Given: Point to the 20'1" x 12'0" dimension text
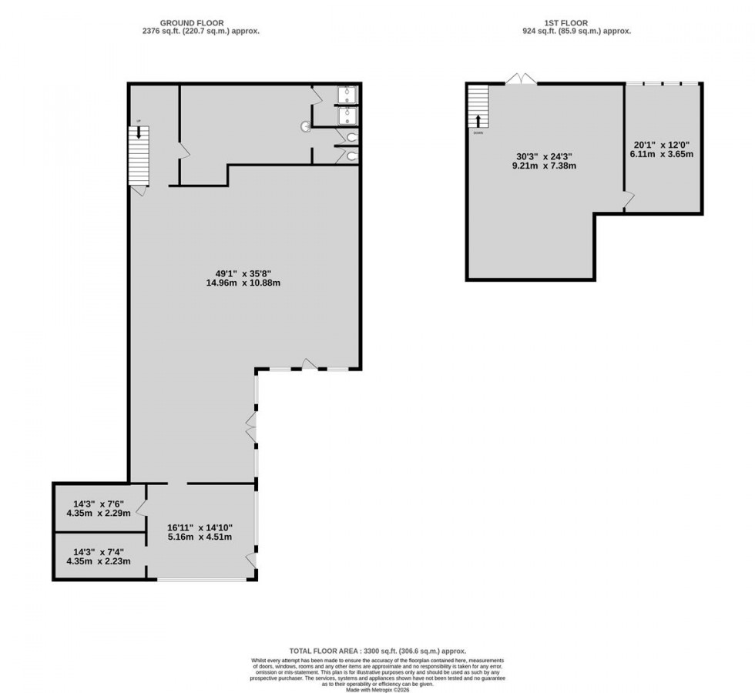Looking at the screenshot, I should click(662, 148).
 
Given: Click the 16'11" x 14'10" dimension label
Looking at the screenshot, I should click(200, 532).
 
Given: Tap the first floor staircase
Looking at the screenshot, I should click(478, 108).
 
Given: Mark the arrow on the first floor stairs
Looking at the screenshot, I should click(478, 121).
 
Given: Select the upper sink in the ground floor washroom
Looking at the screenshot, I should click(348, 94).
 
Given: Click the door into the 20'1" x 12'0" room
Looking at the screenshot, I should click(629, 200).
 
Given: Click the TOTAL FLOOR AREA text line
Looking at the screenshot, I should click(377, 651).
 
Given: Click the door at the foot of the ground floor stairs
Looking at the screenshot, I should click(139, 189).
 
